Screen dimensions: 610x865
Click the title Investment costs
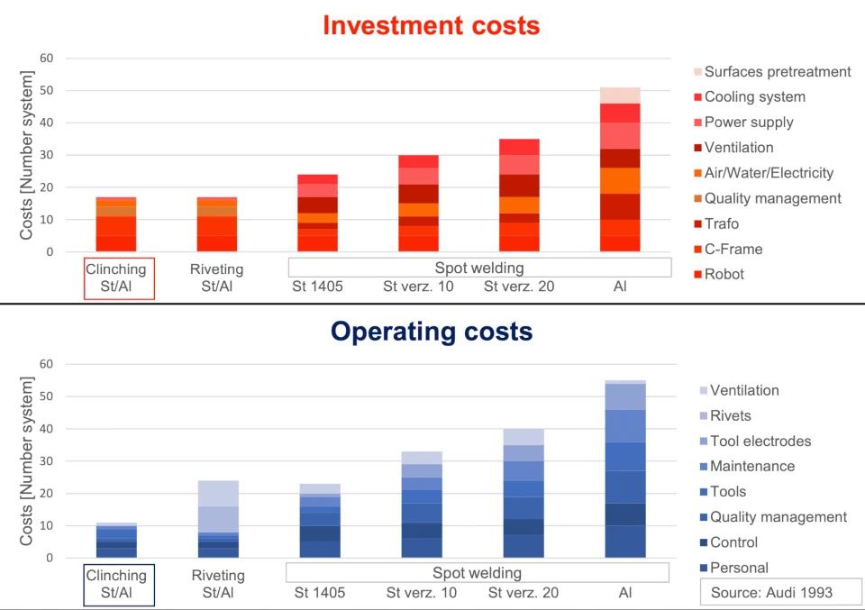pyautogui.click(x=432, y=24)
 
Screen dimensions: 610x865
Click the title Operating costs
pyautogui.click(x=432, y=331)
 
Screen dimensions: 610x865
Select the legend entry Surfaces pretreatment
pyautogui.click(x=777, y=72)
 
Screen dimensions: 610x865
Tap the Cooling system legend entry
pyautogui.click(x=754, y=97)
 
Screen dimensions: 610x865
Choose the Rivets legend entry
pyautogui.click(x=730, y=415)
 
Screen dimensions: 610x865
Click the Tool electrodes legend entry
pyautogui.click(x=760, y=441)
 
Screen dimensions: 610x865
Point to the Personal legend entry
pyautogui.click(x=739, y=568)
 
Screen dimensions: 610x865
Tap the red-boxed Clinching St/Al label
pyautogui.click(x=115, y=278)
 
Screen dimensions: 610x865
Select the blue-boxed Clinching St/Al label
pyautogui.click(x=115, y=583)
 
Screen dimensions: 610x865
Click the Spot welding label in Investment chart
pyautogui.click(x=478, y=268)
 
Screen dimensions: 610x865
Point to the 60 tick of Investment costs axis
pyautogui.click(x=47, y=59)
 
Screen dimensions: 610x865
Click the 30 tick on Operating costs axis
pyautogui.click(x=47, y=461)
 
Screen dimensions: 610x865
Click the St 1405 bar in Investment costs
pyautogui.click(x=318, y=214)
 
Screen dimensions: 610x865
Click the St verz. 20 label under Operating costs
pyautogui.click(x=524, y=592)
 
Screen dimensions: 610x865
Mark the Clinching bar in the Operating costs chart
pyautogui.click(x=116, y=541)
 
